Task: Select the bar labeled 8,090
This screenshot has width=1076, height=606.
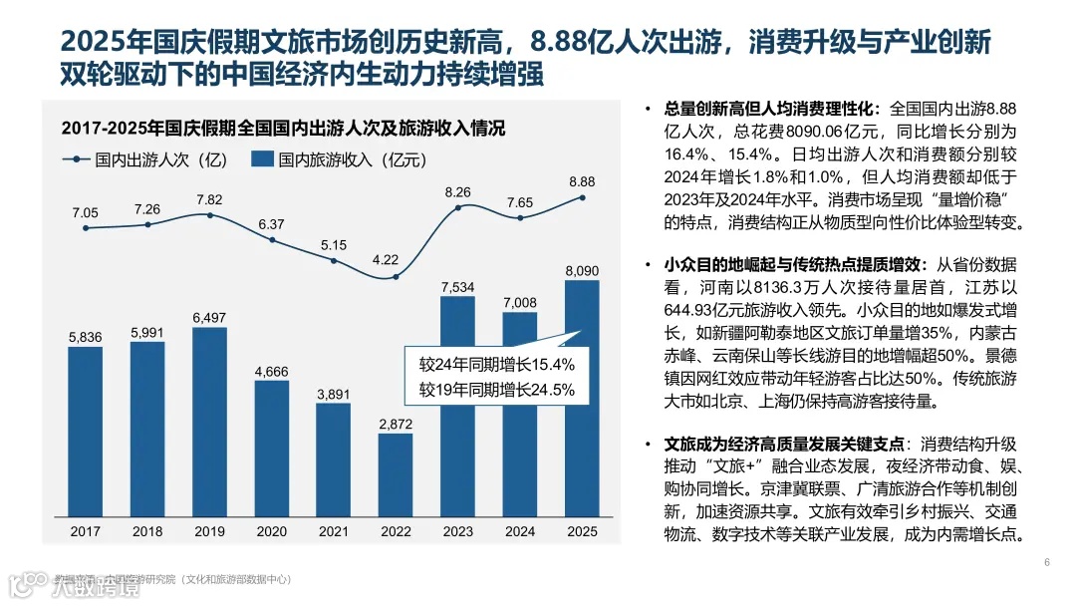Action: [582, 399]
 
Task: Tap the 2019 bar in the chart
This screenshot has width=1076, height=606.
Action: [209, 423]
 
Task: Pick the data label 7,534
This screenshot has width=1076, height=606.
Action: [458, 287]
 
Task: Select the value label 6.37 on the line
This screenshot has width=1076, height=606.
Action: [272, 224]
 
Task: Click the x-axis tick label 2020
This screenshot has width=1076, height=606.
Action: [272, 531]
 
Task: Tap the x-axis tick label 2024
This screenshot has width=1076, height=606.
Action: [520, 531]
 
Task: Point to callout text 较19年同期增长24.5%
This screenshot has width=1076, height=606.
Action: [497, 390]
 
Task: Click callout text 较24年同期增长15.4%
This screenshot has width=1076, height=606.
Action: [497, 364]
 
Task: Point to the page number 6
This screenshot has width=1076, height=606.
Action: [1047, 563]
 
